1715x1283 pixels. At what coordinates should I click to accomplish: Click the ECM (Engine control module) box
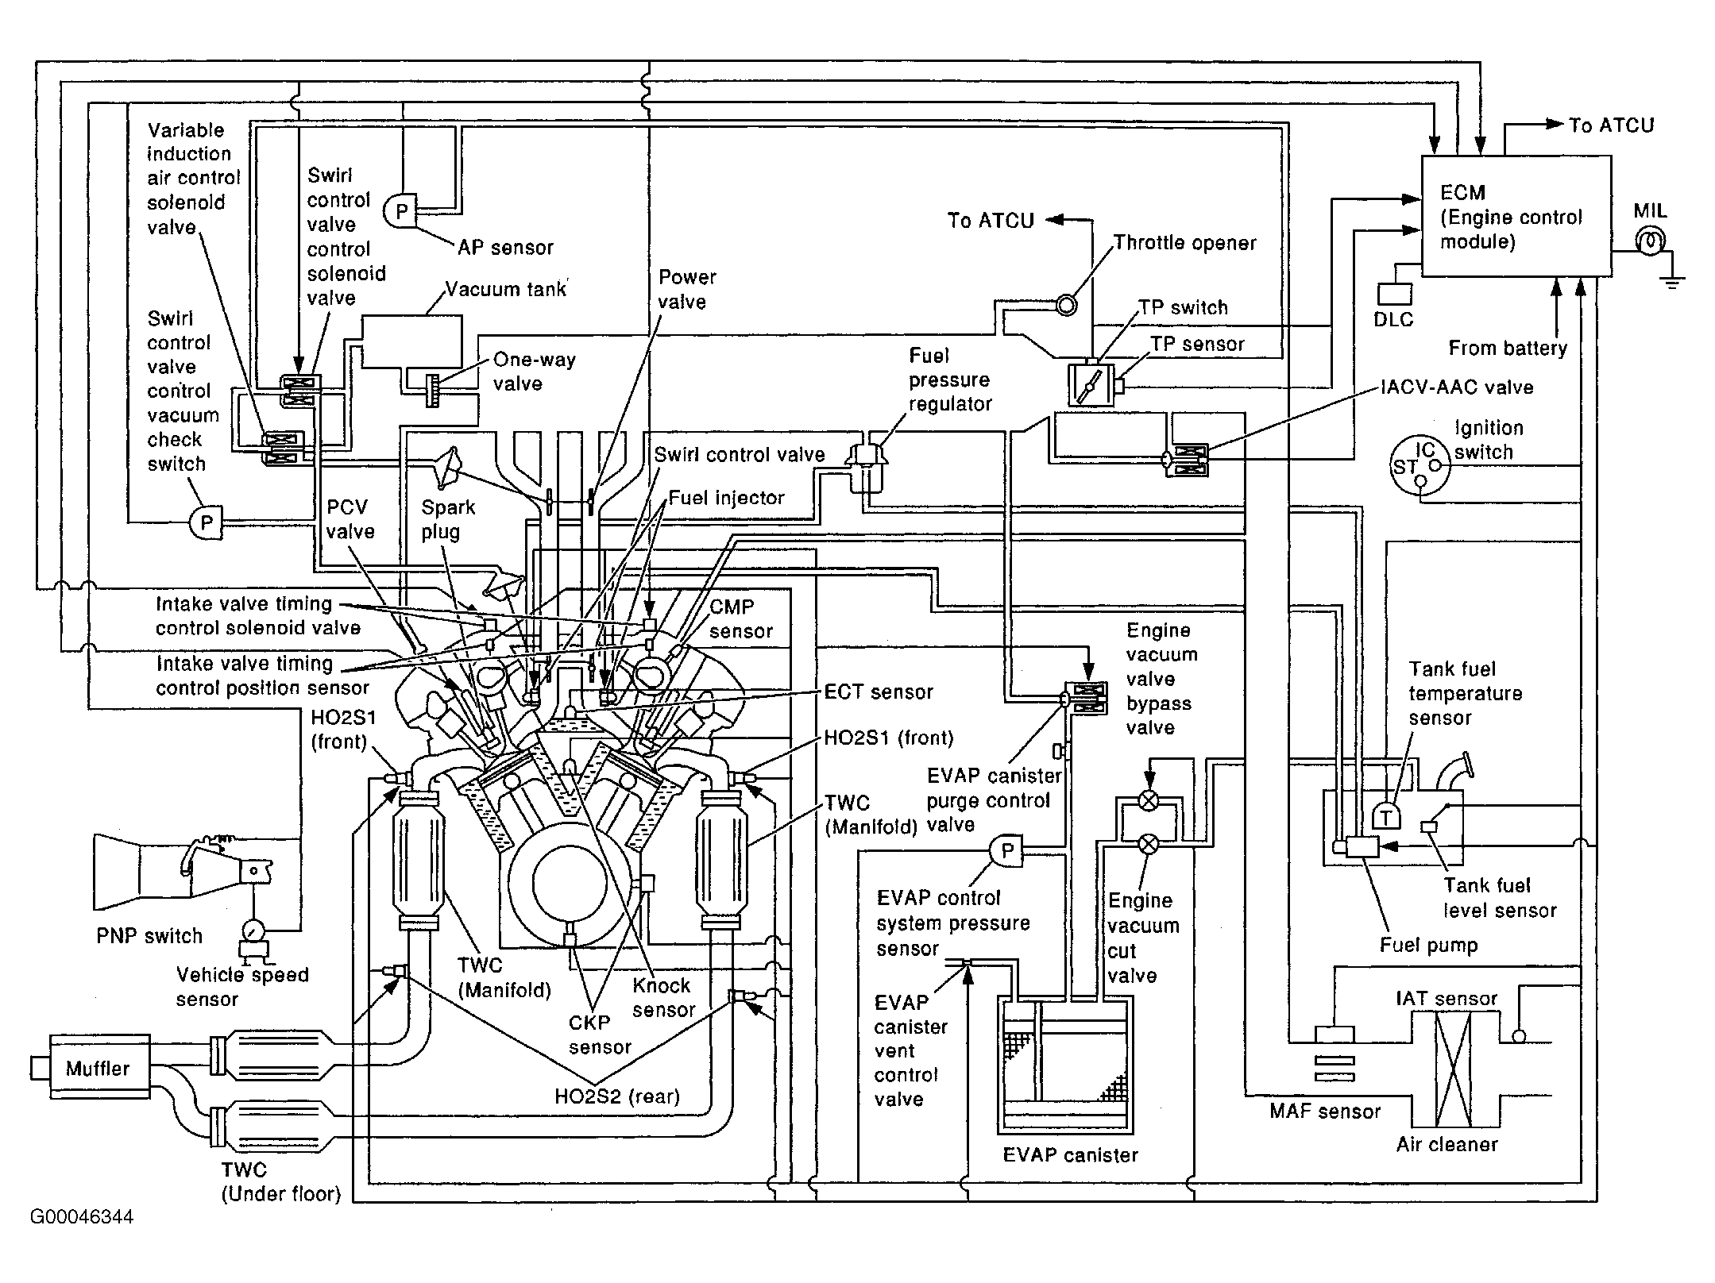click(x=1516, y=216)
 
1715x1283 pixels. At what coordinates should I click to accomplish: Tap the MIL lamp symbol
click(x=1651, y=241)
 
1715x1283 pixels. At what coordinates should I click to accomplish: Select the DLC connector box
click(x=1395, y=294)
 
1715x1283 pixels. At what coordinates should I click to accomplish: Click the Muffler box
click(x=99, y=1068)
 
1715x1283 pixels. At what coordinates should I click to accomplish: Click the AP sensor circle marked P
click(x=400, y=211)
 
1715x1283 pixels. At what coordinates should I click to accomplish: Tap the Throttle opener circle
click(x=1066, y=304)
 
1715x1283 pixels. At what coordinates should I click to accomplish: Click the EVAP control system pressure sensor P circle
click(x=1006, y=851)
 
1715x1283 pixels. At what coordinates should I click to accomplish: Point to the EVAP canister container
click(x=1064, y=1065)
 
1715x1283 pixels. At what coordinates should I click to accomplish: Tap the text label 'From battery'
click(x=1508, y=348)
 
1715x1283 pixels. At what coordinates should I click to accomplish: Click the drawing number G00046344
click(x=82, y=1217)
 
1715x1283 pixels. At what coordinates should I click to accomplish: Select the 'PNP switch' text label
click(x=149, y=935)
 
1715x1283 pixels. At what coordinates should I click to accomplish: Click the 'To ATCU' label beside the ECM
click(x=1611, y=125)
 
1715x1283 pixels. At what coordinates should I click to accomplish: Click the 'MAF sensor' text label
click(x=1325, y=1112)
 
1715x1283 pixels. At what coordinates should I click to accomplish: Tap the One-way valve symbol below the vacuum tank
click(x=432, y=389)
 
